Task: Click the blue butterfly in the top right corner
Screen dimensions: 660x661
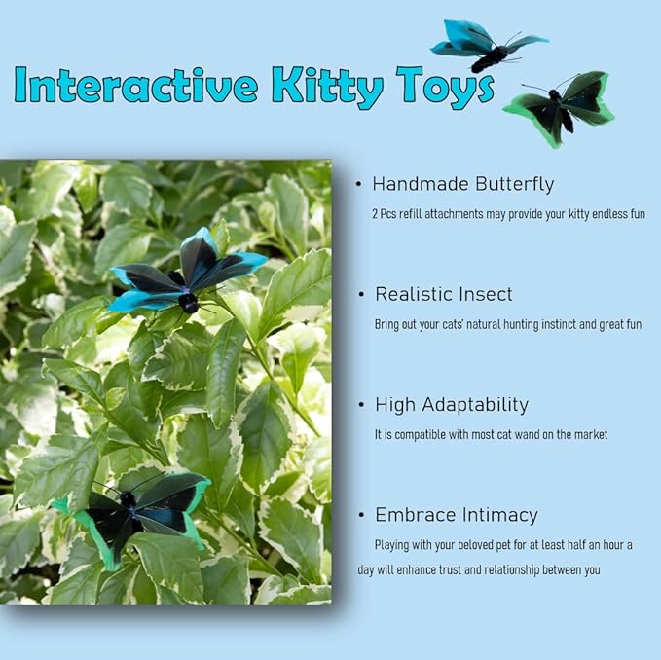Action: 487,45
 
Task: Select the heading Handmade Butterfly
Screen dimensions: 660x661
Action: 462,184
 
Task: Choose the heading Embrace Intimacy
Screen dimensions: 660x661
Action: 456,515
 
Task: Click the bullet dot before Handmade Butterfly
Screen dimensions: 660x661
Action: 359,184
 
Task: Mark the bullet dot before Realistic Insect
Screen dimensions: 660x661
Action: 362,294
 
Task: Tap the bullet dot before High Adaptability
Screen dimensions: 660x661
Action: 362,405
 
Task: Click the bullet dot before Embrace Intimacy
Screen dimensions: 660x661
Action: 362,515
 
